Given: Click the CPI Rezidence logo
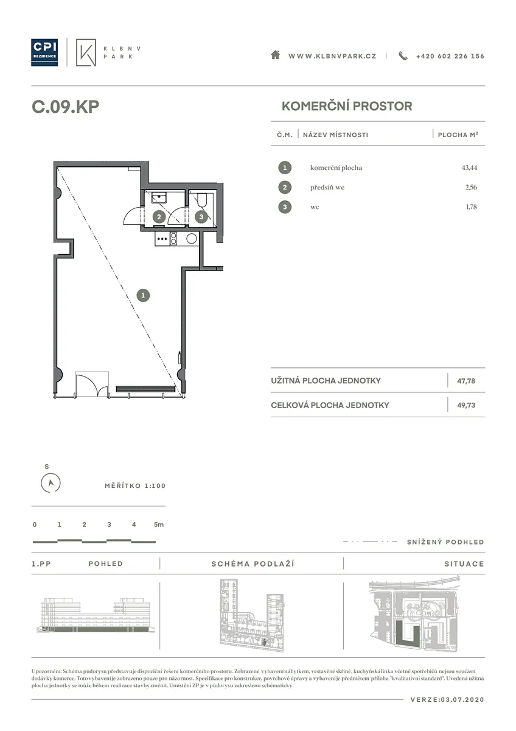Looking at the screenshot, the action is [x=44, y=52].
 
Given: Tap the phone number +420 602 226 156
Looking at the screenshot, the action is [x=450, y=56].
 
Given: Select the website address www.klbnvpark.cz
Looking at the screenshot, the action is [x=332, y=56].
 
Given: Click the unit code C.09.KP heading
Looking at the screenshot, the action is [x=65, y=107].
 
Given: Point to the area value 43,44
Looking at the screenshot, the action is [x=469, y=168].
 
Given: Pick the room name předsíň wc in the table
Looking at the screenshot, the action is [x=327, y=188].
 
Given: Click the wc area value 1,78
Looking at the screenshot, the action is [x=471, y=207].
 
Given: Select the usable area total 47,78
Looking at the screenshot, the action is [x=466, y=381].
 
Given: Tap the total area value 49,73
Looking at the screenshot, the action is [x=466, y=405].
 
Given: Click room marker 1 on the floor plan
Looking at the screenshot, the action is [x=143, y=295].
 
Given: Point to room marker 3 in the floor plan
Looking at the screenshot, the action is [x=201, y=217].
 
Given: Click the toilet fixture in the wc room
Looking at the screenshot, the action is [x=201, y=200].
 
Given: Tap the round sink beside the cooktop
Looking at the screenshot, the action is [x=191, y=239].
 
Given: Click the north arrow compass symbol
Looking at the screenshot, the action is [x=51, y=482].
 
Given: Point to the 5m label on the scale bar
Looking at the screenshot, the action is [x=159, y=524].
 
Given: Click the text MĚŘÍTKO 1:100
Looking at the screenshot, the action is [x=135, y=486].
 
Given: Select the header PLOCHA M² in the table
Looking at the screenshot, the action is [x=458, y=135].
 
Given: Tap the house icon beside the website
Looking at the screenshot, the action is [x=276, y=55].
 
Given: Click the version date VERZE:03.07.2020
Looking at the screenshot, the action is [x=447, y=699].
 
